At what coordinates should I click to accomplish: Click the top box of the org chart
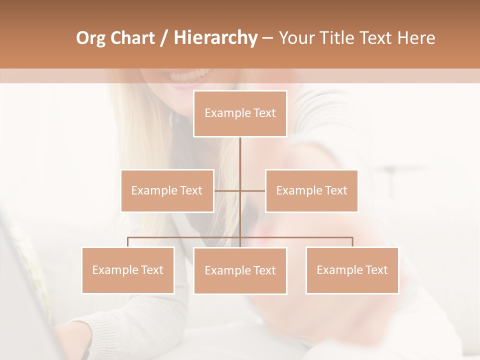pyautogui.click(x=240, y=113)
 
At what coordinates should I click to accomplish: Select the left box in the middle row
pyautogui.click(x=167, y=190)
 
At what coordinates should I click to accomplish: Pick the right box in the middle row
pyautogui.click(x=311, y=190)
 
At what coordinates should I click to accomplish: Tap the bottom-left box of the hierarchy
pyautogui.click(x=128, y=270)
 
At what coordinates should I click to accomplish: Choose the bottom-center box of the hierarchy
pyautogui.click(x=240, y=270)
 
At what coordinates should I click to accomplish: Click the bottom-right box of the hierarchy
pyautogui.click(x=352, y=270)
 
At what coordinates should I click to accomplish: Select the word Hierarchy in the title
pyautogui.click(x=215, y=38)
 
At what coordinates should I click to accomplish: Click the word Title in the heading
pyautogui.click(x=340, y=38)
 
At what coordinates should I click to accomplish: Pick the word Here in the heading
pyautogui.click(x=416, y=38)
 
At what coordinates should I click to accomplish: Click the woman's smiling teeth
pyautogui.click(x=181, y=77)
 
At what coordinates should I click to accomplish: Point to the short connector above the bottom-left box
pyautogui.click(x=128, y=242)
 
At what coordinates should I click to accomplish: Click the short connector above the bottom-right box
pyautogui.click(x=352, y=242)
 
